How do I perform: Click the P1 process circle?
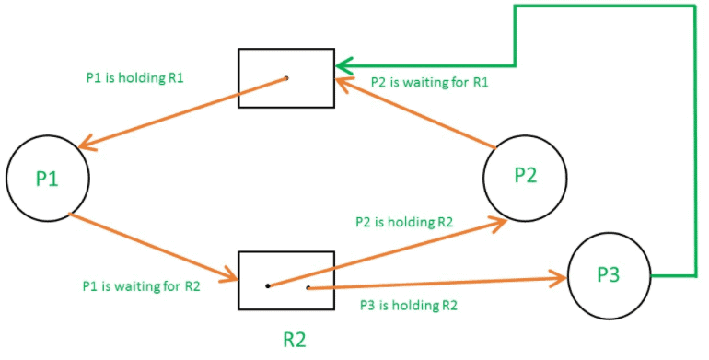point(48,180)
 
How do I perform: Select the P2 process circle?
point(525,178)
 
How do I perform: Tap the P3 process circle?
point(609,275)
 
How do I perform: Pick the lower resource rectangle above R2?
point(286,281)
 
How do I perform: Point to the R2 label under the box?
point(294,339)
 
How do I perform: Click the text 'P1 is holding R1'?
point(134,77)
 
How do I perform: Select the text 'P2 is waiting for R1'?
point(429,83)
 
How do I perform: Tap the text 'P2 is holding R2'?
point(404,222)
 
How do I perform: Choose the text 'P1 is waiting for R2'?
point(141,285)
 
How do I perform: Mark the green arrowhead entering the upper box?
point(343,66)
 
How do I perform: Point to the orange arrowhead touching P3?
point(558,277)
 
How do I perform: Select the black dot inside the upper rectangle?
point(286,78)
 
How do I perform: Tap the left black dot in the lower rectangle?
point(267,285)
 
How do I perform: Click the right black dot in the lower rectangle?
point(308,288)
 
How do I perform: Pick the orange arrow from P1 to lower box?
point(152,246)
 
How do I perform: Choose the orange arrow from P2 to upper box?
point(414,113)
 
